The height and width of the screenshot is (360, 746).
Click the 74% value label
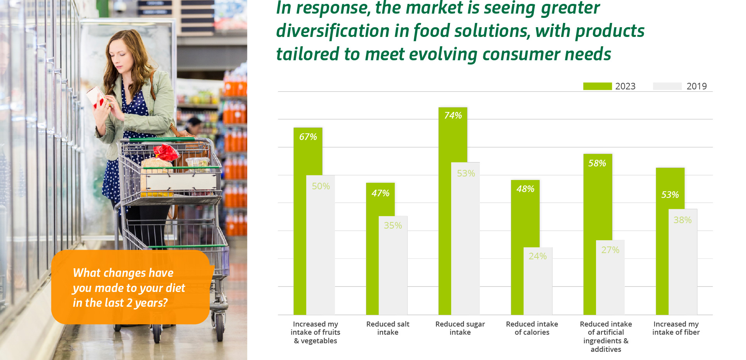pos(453,115)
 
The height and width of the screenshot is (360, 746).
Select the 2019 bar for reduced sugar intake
pos(465,238)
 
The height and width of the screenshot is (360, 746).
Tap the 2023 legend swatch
pos(598,86)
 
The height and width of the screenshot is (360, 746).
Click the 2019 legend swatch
pos(667,86)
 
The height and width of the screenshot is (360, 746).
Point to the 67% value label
pos(308,137)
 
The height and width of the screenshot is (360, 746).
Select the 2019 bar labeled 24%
pos(538,281)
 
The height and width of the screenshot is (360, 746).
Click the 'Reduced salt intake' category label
pos(388,328)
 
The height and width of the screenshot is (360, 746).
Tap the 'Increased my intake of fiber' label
pos(676,328)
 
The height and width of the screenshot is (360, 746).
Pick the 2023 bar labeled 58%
pos(598,234)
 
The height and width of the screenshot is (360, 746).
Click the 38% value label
pos(683,220)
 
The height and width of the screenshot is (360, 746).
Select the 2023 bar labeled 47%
pos(380,249)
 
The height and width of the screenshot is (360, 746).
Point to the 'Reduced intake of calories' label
pos(532,328)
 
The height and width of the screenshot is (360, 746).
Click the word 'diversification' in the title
pos(333,31)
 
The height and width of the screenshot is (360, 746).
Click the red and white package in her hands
pos(97,97)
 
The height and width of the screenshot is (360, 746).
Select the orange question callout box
pos(131,287)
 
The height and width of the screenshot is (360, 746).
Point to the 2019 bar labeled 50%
pos(321,245)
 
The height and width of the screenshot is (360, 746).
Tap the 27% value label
pos(610,250)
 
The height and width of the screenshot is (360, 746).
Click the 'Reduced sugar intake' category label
pos(460,328)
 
